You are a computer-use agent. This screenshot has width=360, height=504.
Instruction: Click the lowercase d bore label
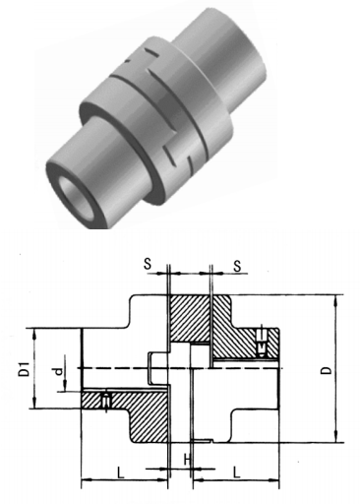[x=58, y=371]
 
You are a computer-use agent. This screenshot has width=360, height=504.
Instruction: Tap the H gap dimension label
[x=187, y=460]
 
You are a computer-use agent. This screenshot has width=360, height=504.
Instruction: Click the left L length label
[x=121, y=472]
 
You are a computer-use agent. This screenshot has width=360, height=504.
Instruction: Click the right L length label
[x=236, y=472]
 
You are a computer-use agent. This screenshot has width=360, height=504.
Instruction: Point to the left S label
[x=149, y=264]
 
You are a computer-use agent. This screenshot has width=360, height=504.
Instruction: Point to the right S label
[x=237, y=266]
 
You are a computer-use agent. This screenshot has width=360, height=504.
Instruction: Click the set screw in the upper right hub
[x=262, y=343]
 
